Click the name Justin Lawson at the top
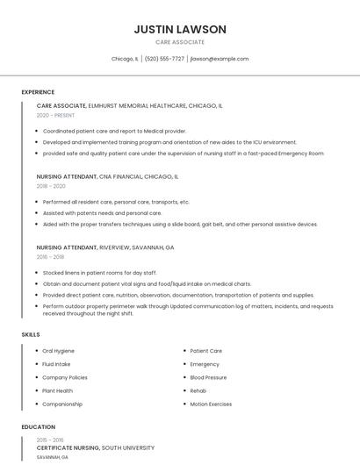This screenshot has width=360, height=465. tap(180, 29)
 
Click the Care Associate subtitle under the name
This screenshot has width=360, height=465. tap(180, 42)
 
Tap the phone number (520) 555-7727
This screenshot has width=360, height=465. tap(164, 59)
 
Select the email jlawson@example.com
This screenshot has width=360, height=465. tap(220, 59)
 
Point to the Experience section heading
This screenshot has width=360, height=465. tap(38, 92)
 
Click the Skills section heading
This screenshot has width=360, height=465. tap(30, 334)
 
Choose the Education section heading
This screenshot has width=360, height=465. tap(38, 427)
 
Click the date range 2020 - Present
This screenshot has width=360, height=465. tap(55, 115)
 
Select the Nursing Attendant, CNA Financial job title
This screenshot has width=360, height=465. tap(107, 176)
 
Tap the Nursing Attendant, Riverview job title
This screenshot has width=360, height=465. tap(105, 247)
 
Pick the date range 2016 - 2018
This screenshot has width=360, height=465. tap(51, 257)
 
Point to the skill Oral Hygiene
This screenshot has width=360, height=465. tap(58, 351)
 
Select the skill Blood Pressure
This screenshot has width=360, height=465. tap(208, 377)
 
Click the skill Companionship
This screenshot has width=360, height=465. tap(62, 404)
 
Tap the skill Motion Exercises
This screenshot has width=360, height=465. tap(211, 404)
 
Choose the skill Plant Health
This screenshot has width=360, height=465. tap(57, 390)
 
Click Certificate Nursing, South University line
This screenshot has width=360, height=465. tap(97, 447)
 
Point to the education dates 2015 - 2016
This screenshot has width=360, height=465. tap(50, 440)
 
